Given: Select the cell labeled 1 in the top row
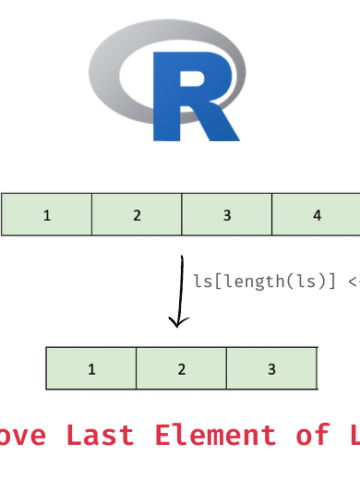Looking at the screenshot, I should pos(46,214).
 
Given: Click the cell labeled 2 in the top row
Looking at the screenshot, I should pos(136,214).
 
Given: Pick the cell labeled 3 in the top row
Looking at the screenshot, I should pos(226,214).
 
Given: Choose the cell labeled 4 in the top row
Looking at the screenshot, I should pos(315,214).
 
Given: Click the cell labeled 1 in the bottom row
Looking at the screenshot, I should pos(91,369).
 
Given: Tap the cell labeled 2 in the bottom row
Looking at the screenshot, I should pos(181,369).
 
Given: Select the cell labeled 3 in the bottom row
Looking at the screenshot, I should pos(271,369).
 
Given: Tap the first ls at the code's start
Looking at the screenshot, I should pos(202,281).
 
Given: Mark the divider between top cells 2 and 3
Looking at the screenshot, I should pos(181,214).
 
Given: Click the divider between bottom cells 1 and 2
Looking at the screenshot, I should pos(136,369).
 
